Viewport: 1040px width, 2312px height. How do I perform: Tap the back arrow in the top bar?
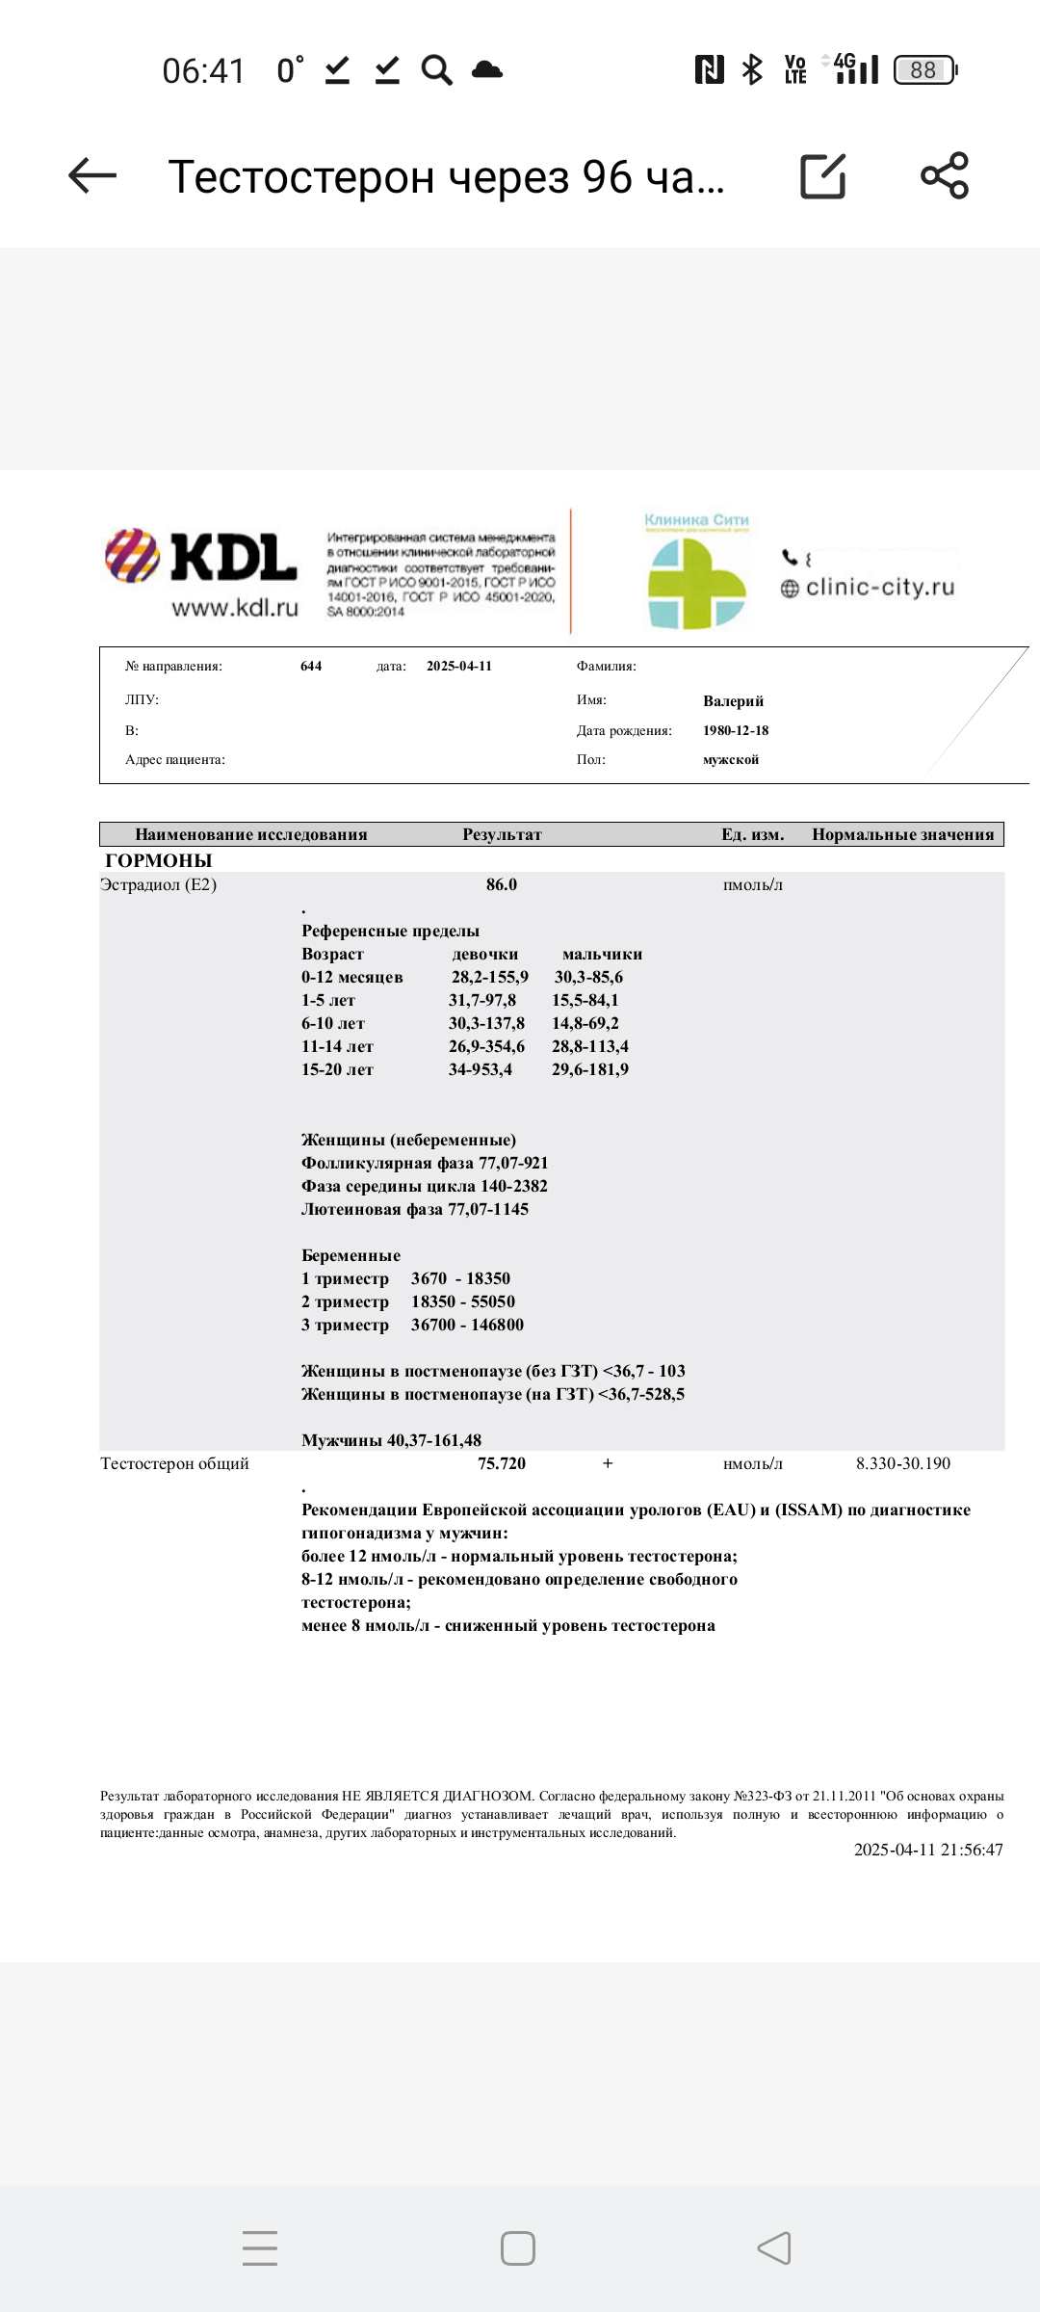tap(92, 175)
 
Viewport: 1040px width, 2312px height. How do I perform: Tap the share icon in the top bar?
tap(945, 175)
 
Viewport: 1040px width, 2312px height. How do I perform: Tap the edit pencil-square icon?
tap(823, 176)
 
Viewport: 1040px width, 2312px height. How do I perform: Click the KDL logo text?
tap(233, 558)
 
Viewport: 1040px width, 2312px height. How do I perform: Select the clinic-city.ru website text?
tap(879, 587)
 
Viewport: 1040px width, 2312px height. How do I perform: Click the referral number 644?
tap(311, 666)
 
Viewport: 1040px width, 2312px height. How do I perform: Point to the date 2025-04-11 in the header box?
tap(458, 666)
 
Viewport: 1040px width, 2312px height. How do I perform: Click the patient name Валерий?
tap(733, 701)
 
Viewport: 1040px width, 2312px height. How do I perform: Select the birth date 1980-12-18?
tap(736, 730)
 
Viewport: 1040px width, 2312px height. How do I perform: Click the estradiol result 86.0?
tap(502, 884)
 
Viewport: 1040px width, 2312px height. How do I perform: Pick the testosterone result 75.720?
tap(502, 1463)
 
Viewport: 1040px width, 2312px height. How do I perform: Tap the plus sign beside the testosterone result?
tap(608, 1463)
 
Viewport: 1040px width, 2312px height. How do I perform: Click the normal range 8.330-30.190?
tap(903, 1463)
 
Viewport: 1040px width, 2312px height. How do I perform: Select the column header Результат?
tap(502, 834)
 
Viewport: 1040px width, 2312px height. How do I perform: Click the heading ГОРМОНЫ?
tap(159, 860)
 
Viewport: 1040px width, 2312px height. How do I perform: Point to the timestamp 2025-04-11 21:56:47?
tap(928, 1849)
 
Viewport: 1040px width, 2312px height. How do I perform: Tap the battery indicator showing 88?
tap(924, 69)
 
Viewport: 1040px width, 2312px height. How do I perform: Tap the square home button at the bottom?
tap(518, 2248)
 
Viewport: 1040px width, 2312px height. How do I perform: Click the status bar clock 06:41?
tap(203, 70)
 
